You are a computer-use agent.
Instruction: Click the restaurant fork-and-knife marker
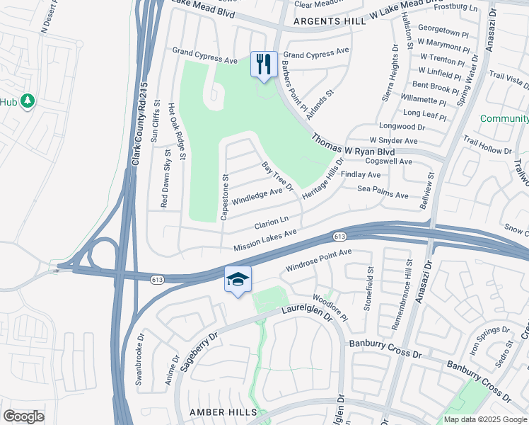click(x=264, y=64)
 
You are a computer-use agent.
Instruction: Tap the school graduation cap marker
click(x=238, y=280)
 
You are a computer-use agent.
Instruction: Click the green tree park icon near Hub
click(x=28, y=101)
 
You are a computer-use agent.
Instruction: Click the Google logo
click(x=23, y=416)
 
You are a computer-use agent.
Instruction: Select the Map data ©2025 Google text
click(x=486, y=419)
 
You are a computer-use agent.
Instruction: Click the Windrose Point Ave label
click(x=318, y=261)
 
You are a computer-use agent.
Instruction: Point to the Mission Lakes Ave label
click(x=265, y=239)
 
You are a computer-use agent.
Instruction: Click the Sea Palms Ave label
click(x=383, y=191)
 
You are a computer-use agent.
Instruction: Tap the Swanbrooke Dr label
click(x=140, y=358)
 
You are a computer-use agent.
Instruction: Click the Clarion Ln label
click(x=272, y=224)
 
